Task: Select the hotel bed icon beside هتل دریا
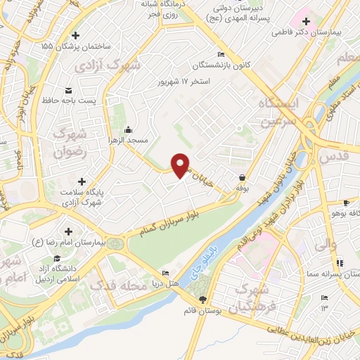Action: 166,273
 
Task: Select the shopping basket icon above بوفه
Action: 243,177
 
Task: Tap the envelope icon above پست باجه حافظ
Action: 69,90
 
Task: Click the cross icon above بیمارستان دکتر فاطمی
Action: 306,22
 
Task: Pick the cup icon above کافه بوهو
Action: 345,203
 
